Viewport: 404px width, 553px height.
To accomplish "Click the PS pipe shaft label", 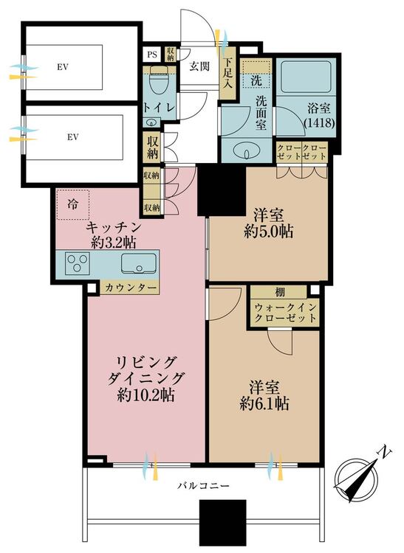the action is point(152,55).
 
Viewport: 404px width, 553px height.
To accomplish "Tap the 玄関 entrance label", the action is point(199,66).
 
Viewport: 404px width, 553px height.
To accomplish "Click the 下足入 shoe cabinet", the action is point(227,73).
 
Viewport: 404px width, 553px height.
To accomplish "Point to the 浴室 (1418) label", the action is point(319,115).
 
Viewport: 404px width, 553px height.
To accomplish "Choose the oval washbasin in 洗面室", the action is point(247,150).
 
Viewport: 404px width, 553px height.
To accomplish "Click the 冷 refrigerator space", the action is point(72,204).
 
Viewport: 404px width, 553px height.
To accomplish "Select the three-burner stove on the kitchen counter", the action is point(78,263).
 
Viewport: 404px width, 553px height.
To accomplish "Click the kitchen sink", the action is point(139,263).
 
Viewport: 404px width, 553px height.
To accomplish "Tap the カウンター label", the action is point(130,288).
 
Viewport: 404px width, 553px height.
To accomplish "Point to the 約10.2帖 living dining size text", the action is point(145,395).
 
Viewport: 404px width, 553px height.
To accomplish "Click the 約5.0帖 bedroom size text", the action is point(268,232).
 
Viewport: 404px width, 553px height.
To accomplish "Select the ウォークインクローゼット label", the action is point(284,313).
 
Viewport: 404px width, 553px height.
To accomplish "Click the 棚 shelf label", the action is point(280,292).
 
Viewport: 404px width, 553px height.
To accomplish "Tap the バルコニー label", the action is point(203,486).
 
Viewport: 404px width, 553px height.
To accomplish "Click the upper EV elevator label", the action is point(63,67).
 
